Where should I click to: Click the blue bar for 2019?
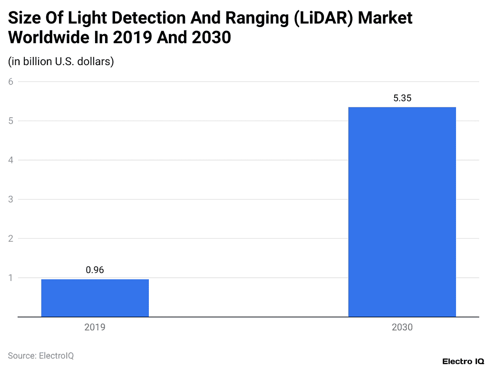point(95,298)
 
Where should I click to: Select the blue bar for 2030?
point(402,212)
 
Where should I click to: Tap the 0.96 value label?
point(95,270)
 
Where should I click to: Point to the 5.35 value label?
point(402,98)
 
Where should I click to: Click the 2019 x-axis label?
point(95,328)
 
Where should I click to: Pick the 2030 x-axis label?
point(402,328)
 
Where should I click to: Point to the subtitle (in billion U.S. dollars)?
point(61,62)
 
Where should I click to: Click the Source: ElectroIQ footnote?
point(41,355)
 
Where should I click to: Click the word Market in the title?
point(385,18)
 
